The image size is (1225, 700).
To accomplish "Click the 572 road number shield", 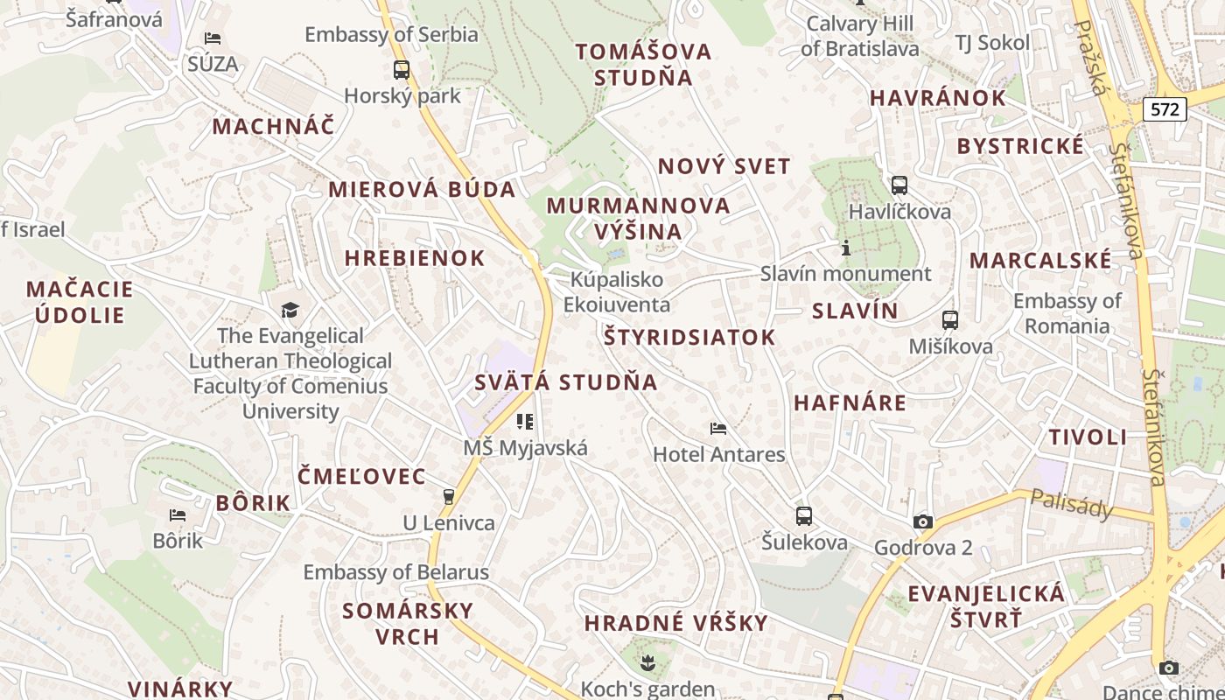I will click(x=1165, y=109).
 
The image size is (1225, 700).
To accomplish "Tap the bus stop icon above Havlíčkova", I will click(x=899, y=185).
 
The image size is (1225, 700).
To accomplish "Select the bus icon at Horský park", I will click(x=402, y=70).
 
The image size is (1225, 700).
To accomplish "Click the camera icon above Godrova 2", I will click(x=922, y=522).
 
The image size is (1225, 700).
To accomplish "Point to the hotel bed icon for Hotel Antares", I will click(x=718, y=429).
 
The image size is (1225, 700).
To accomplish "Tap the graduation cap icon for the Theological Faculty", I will click(x=290, y=310).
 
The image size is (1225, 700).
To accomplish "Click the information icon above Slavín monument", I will click(x=845, y=248).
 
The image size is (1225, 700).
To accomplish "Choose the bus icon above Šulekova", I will click(x=804, y=516).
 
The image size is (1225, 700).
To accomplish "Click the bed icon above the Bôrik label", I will click(x=178, y=514).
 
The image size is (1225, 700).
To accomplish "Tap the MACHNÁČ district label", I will click(x=273, y=126).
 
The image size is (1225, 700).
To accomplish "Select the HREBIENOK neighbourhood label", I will click(x=415, y=258).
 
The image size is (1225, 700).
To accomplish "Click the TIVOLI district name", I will click(x=1088, y=437).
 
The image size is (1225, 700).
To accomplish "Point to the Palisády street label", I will click(x=1071, y=504).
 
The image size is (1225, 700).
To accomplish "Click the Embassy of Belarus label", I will click(x=395, y=572).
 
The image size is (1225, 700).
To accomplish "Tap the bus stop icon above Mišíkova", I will click(x=950, y=320).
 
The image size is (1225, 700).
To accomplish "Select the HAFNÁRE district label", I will click(x=850, y=403).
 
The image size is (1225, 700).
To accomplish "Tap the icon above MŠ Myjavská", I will click(x=525, y=422).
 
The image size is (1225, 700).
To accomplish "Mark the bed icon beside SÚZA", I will click(x=213, y=38).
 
